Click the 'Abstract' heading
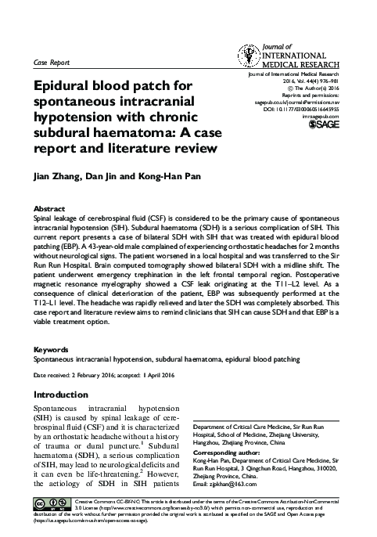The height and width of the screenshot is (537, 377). (x=49, y=209)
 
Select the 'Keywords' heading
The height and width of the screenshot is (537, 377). (x=52, y=349)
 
